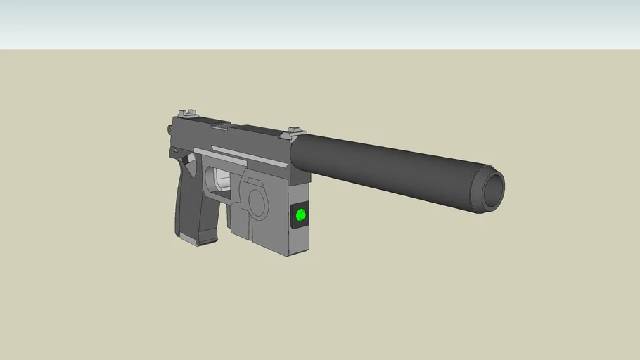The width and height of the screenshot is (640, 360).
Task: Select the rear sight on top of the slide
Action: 187,112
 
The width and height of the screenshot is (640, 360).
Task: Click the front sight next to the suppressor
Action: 295,131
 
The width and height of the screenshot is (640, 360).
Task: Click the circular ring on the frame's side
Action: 254,198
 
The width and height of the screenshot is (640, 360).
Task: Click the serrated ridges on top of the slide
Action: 220,124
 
